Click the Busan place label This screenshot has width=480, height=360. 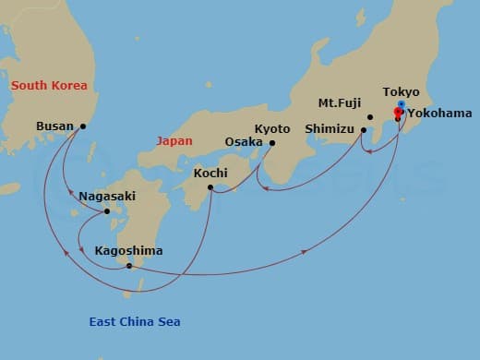(54, 126)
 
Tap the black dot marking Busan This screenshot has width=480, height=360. (83, 126)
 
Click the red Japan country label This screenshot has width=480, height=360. (174, 142)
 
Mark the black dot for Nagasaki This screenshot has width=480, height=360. (107, 211)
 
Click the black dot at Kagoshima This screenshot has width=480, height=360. (129, 266)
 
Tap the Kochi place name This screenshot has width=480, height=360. (211, 173)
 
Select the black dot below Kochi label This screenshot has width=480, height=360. (211, 188)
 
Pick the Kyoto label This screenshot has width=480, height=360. (272, 128)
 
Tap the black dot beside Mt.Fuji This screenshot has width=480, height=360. (369, 117)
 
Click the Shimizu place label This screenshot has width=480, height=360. (330, 130)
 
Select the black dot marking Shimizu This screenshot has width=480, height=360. (364, 130)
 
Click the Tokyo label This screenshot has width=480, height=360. (402, 92)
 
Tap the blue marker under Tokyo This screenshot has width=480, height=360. (401, 104)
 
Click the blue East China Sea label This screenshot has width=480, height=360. (135, 322)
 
